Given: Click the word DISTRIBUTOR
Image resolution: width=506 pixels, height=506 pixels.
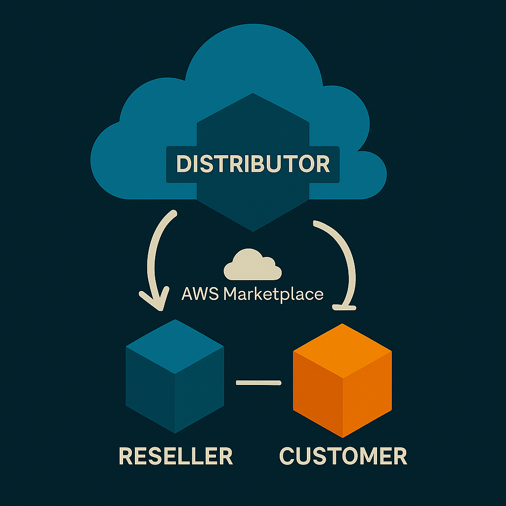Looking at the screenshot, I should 253,164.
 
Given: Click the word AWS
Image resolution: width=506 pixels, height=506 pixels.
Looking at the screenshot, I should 201,295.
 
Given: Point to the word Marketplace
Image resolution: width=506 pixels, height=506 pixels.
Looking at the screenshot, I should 273,295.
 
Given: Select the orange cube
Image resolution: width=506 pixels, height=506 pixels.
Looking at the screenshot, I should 342,380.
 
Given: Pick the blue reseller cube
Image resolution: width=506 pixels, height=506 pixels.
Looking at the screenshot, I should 175,376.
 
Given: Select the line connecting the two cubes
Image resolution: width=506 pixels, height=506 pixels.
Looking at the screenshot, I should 258,382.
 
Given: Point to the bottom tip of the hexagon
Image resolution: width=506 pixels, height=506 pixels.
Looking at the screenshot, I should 253,230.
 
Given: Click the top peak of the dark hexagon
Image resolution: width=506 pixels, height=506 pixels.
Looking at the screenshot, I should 253,94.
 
